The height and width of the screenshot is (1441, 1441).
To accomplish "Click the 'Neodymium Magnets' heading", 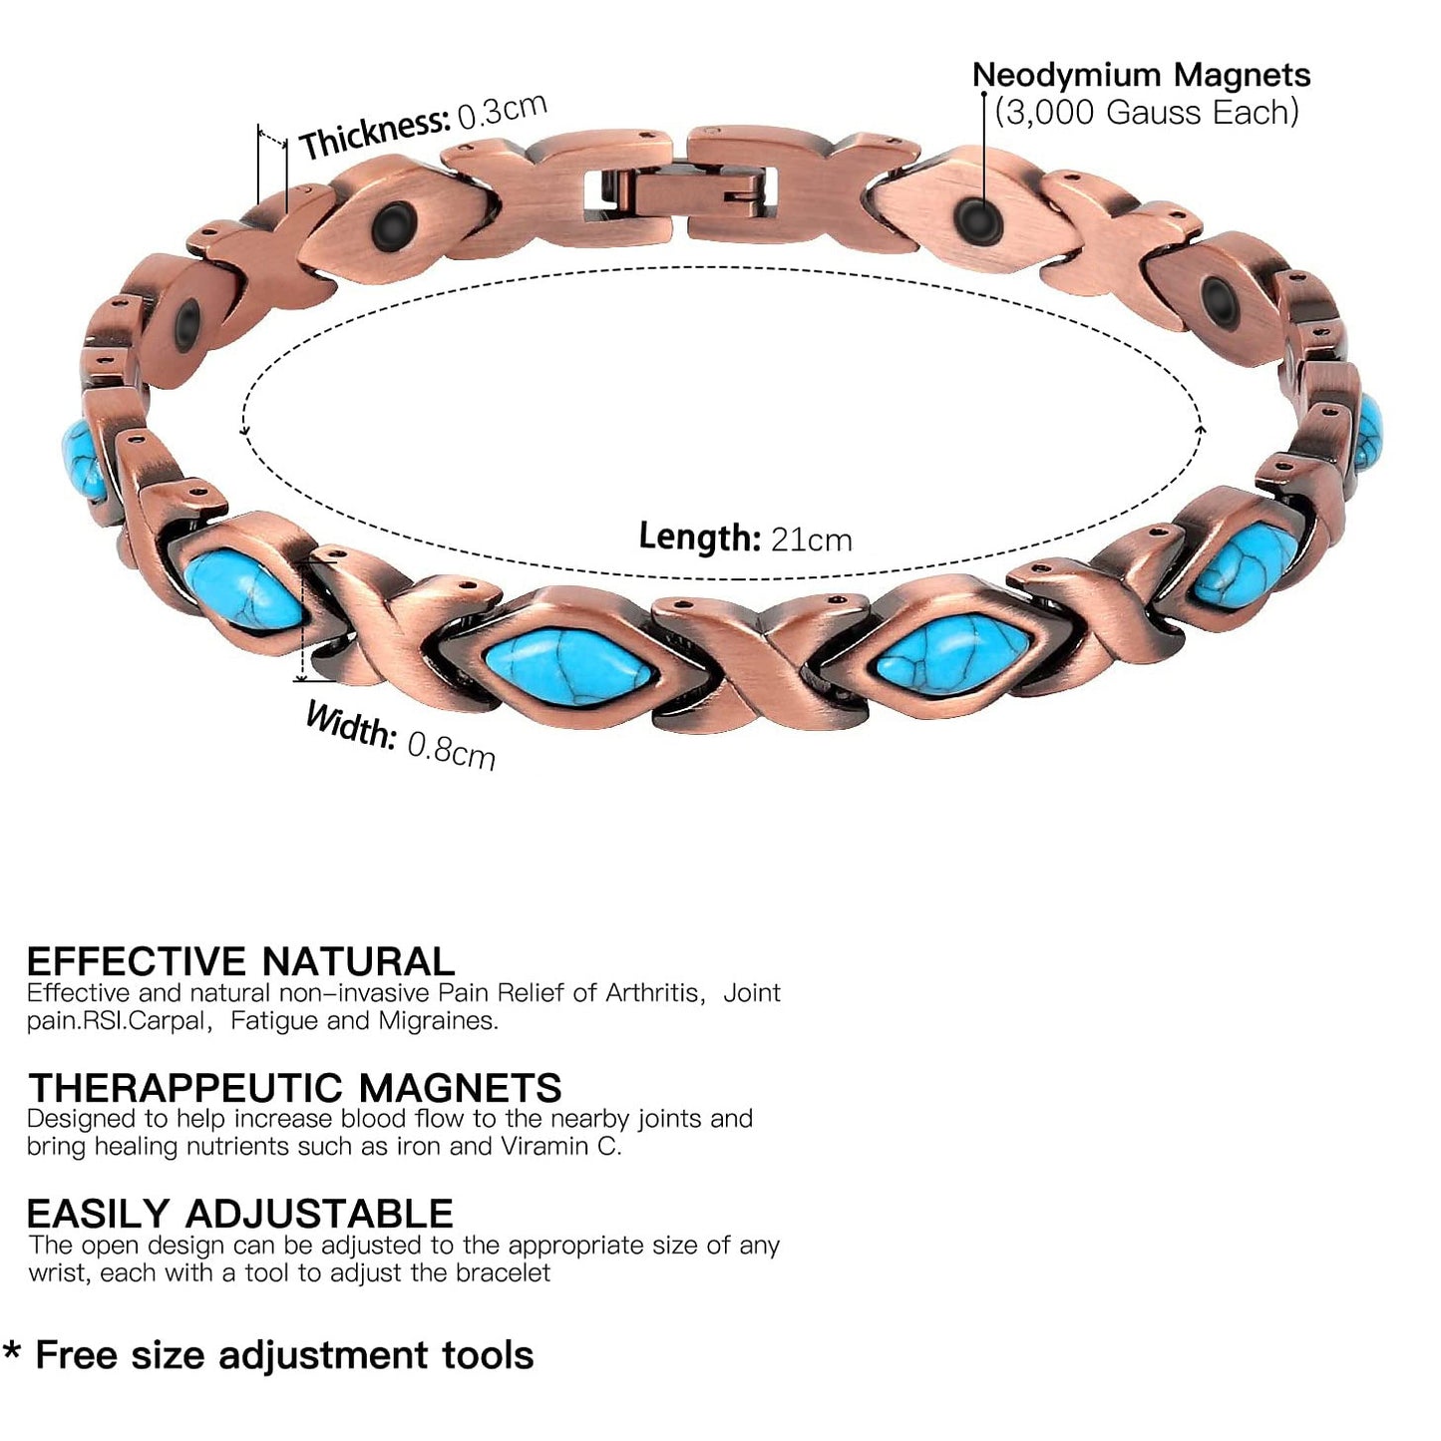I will pyautogui.click(x=1141, y=75).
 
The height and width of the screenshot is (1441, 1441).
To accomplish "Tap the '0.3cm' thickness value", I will pyautogui.click(x=503, y=111).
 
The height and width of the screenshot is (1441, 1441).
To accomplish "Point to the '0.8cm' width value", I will pyautogui.click(x=452, y=748).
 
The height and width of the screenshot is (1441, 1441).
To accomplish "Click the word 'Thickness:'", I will pyautogui.click(x=374, y=134).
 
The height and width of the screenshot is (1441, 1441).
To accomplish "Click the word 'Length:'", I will pyautogui.click(x=699, y=537).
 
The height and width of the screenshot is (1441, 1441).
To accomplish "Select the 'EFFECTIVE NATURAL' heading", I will pyautogui.click(x=240, y=961).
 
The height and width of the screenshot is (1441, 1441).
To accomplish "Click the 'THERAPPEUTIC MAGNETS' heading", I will pyautogui.click(x=295, y=1087).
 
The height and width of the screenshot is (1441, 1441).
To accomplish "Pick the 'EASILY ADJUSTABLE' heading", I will pyautogui.click(x=239, y=1213).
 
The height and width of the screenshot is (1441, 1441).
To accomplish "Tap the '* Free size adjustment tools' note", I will pyautogui.click(x=269, y=1355).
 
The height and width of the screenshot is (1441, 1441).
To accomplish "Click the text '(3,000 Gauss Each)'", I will pyautogui.click(x=1147, y=112).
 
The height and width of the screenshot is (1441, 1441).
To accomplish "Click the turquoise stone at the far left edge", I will pyautogui.click(x=83, y=461).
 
